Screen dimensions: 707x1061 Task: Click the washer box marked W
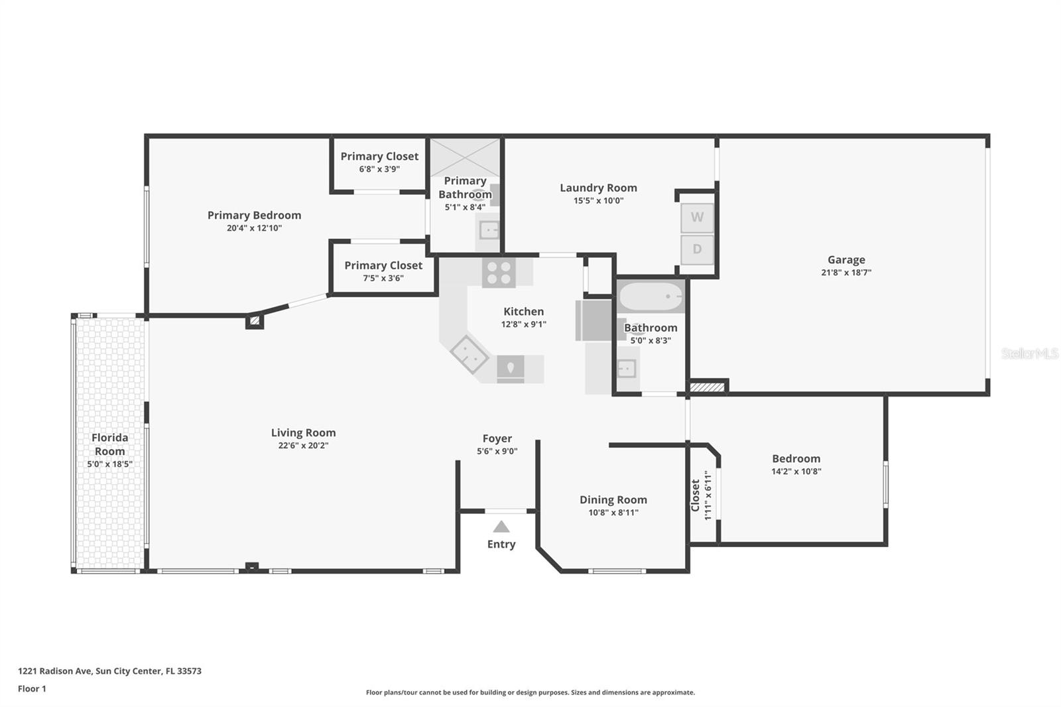coord(697,218)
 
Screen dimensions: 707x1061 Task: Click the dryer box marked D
coord(697,250)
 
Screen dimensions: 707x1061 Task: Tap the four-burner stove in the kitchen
coord(499,273)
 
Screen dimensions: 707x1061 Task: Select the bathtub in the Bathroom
coord(651,296)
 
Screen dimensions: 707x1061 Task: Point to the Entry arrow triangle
coord(501,527)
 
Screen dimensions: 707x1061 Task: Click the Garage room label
coord(846,260)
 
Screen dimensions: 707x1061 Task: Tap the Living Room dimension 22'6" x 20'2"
coord(303,446)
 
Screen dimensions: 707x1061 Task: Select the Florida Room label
coord(109,444)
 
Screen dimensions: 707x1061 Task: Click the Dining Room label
coord(613,500)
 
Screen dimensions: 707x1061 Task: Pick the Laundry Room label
coord(598,188)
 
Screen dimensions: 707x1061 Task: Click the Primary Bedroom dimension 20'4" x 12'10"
coord(254,228)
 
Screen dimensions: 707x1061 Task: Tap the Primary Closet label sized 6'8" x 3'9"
coord(379,157)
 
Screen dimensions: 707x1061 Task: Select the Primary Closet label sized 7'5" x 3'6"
coord(383,265)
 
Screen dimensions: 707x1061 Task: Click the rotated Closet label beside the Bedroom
coord(696,495)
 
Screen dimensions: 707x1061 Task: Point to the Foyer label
coord(497,438)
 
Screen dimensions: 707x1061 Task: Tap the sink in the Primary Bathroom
coord(489,231)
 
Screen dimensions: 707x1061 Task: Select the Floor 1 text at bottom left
coord(32,689)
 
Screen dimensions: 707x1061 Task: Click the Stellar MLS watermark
coord(1029,354)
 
